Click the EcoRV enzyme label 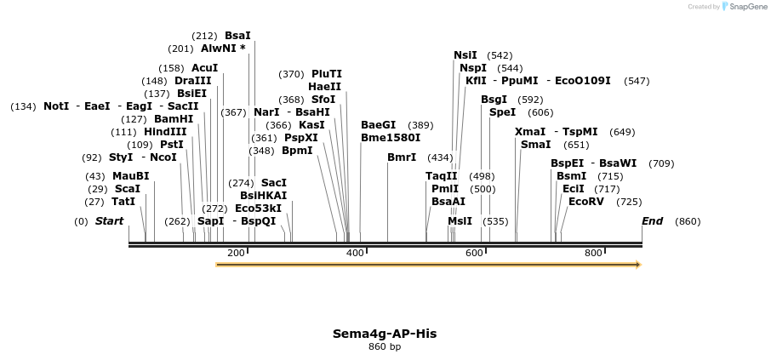click(585, 202)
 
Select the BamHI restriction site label click(174, 119)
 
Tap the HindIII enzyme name click(165, 132)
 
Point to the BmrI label click(402, 157)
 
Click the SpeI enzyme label click(502, 112)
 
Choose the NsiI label click(465, 55)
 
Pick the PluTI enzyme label click(327, 74)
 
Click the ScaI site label click(128, 189)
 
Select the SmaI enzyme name click(535, 145)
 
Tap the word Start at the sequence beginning click(109, 221)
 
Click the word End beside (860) click(652, 221)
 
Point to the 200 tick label click(237, 253)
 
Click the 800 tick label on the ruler click(593, 253)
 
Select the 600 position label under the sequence click(474, 253)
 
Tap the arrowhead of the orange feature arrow click(637, 265)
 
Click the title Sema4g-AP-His click(385, 334)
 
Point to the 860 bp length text click(385, 346)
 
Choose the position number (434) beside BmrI click(440, 157)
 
